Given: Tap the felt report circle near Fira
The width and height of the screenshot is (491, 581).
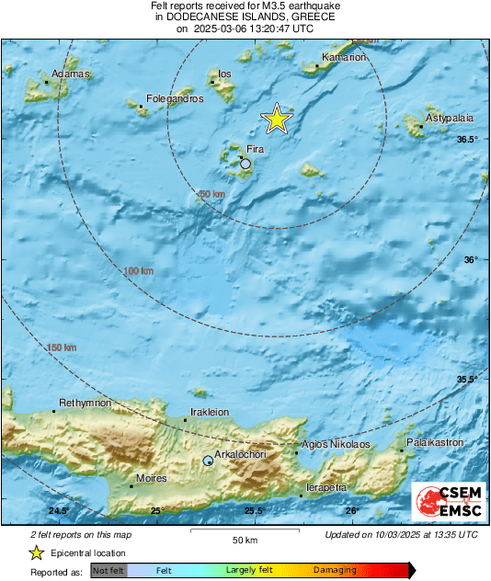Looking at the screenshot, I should (x=245, y=164).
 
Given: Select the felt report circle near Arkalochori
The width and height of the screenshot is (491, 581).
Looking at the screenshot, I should (x=209, y=460).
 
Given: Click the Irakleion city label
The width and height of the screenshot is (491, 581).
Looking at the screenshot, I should (x=210, y=413).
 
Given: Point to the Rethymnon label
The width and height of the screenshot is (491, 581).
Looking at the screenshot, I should (x=86, y=403).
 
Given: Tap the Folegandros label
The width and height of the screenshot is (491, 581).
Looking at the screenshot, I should (x=175, y=98).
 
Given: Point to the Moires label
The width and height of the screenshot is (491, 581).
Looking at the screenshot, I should (x=151, y=479).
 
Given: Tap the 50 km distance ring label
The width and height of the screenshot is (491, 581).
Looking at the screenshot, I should (x=211, y=194).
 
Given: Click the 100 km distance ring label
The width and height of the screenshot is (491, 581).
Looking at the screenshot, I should (x=138, y=271).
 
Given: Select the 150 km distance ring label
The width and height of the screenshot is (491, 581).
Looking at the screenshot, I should (x=61, y=347).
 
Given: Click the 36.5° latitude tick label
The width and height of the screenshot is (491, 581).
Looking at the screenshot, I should (x=468, y=140).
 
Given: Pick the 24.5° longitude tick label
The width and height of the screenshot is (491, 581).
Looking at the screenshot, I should (x=59, y=510).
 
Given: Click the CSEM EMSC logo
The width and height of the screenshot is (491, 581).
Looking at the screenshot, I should (x=444, y=499).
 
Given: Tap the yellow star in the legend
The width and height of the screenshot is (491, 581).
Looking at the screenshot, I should (x=37, y=553).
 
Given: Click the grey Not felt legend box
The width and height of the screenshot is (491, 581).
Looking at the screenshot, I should (x=108, y=570).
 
